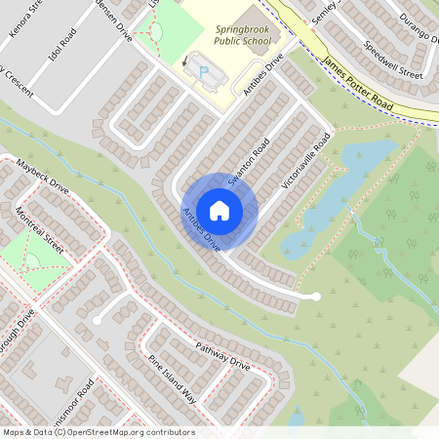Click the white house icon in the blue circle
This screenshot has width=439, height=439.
[x=219, y=210]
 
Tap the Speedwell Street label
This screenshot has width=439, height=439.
[x=394, y=60]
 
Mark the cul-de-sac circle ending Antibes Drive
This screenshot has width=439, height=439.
[x=315, y=296]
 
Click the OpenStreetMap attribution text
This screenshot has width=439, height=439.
[x=98, y=432]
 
